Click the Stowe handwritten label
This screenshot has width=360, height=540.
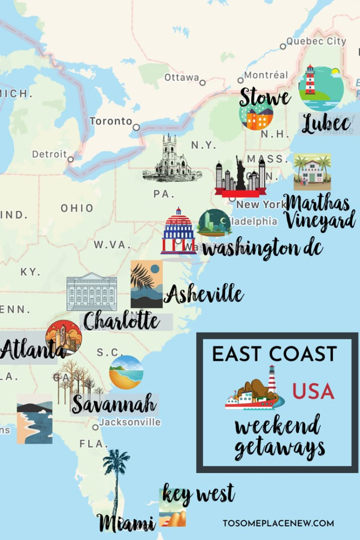click(265, 98)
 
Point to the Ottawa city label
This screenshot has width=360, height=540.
click(181, 78)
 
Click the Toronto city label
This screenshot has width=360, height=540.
click(111, 121)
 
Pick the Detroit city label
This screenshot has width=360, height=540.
click(49, 155)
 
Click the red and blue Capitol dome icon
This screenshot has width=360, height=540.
click(178, 232)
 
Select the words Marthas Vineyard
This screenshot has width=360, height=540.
click(319, 211)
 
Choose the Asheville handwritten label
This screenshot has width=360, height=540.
click(203, 294)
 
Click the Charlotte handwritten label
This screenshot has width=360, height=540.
click(121, 320)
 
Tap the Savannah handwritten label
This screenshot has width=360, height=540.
click(114, 404)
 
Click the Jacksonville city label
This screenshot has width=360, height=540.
click(130, 422)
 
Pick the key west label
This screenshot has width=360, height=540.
click(198, 495)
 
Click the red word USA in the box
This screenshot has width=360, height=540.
click(313, 392)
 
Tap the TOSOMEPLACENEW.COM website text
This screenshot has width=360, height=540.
click(278, 523)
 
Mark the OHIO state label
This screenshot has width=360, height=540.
click(76, 208)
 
